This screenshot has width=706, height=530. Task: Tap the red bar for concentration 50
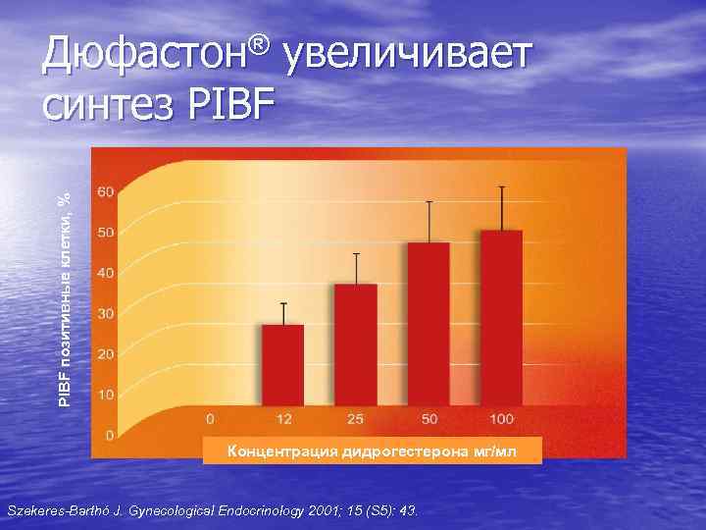429,323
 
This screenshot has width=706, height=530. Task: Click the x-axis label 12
282,419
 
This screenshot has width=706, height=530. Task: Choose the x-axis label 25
356,419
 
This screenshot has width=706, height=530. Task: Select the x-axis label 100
501,419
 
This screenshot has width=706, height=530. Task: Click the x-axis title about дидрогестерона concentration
371,451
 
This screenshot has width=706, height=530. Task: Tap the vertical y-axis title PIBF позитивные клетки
65,294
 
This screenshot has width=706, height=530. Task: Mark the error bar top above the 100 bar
501,186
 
